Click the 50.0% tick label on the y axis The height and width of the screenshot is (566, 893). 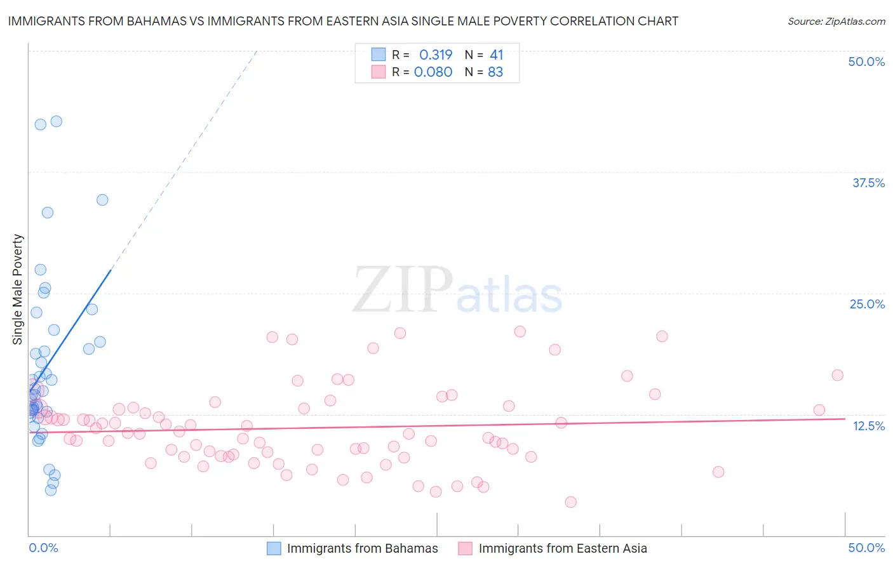(866, 62)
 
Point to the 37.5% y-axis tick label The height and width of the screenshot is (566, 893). (868, 183)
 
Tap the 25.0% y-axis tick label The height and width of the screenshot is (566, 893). (867, 304)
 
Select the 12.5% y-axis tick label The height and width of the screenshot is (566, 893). (868, 426)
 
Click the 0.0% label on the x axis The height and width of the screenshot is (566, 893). (43, 548)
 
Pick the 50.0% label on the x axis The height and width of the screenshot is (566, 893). (866, 548)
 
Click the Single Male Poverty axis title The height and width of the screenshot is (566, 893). (18, 289)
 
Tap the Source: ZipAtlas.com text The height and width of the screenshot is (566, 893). (836, 21)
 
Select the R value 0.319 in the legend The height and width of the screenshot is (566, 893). (436, 55)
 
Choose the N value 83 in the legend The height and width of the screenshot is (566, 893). (495, 72)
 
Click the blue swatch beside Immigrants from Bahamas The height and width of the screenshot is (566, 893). (274, 548)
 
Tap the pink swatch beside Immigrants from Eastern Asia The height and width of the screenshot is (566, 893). (466, 548)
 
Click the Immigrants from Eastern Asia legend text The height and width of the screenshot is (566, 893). (563, 548)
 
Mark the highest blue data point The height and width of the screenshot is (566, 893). (56, 121)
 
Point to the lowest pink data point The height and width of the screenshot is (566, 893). (570, 502)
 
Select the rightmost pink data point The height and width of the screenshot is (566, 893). (837, 375)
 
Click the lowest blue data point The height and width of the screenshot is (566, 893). (51, 490)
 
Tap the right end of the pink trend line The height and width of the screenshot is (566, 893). (845, 419)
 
